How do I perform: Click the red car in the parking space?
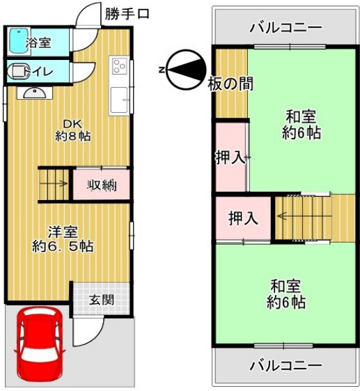tap(40, 344)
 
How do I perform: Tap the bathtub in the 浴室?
tap(18, 42)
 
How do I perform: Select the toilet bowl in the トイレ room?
tap(18, 71)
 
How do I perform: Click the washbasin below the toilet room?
tap(35, 93)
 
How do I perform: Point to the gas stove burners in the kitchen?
tap(120, 66)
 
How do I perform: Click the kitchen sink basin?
tap(119, 100)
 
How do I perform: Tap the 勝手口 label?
tap(127, 14)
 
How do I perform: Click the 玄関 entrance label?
tap(102, 300)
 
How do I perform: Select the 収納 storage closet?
tap(102, 185)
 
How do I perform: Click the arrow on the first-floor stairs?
tap(54, 184)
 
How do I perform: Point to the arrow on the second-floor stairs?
tap(304, 216)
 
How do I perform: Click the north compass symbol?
tap(187, 70)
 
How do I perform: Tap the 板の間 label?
tap(230, 84)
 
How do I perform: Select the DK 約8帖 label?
tap(72, 130)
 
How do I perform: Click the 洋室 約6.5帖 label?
tap(63, 239)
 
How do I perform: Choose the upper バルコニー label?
tap(286, 27)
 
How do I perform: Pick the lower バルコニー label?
tap(286, 366)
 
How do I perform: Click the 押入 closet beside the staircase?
tap(243, 218)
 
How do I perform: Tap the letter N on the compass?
tap(162, 70)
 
